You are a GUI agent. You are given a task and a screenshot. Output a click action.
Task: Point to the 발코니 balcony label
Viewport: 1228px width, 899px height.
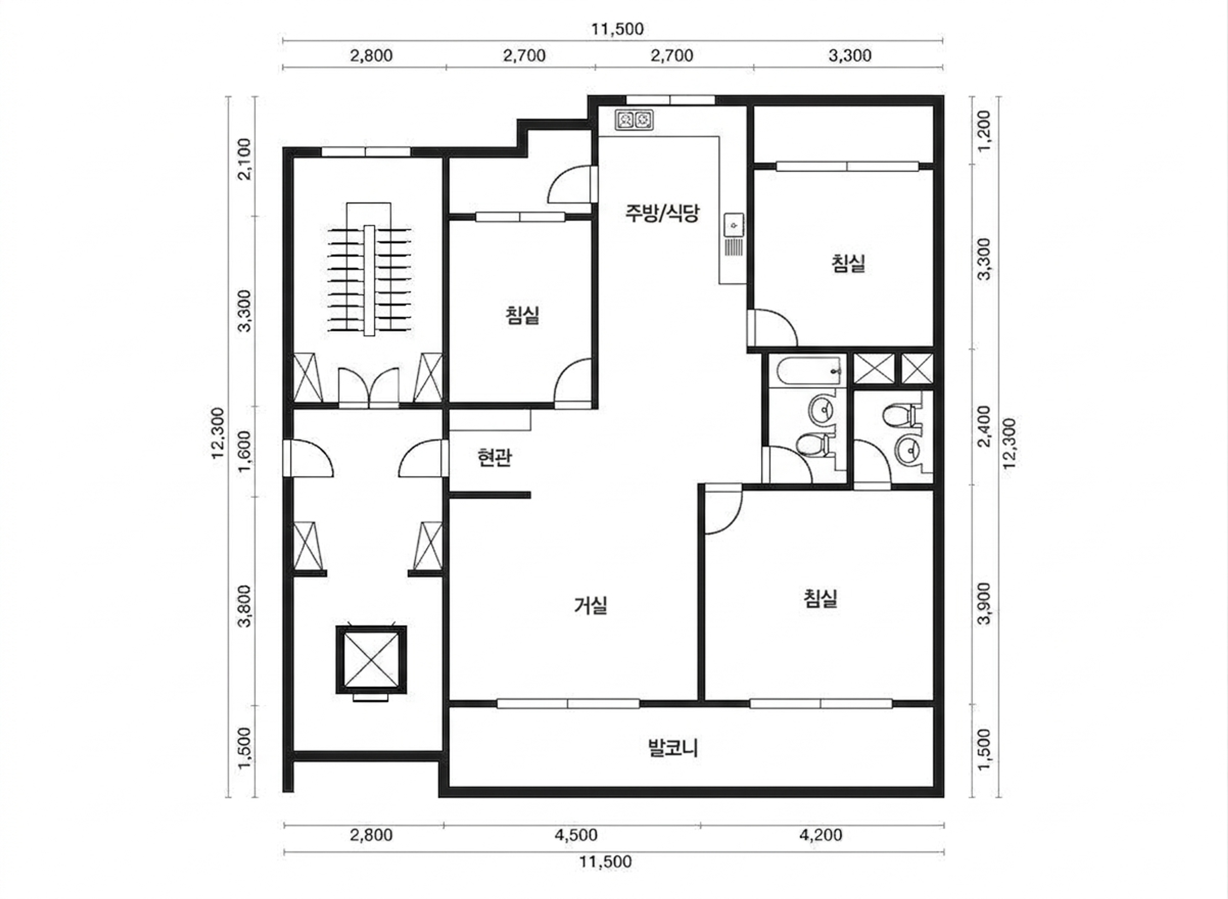click(673, 748)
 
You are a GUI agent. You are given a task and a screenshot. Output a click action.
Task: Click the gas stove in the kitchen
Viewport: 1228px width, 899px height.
click(634, 119)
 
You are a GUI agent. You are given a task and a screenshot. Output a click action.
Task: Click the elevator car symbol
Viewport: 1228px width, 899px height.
click(371, 659)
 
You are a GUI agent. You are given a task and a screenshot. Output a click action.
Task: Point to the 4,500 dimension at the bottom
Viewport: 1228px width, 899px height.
click(576, 835)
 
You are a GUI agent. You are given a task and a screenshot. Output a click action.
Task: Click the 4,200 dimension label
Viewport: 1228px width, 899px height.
click(821, 835)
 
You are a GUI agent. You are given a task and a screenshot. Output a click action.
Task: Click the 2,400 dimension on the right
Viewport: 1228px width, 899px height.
click(984, 426)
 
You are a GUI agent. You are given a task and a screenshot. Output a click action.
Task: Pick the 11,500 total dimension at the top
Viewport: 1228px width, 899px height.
click(618, 29)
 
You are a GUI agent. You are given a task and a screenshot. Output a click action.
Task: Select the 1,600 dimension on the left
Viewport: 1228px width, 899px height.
click(245, 451)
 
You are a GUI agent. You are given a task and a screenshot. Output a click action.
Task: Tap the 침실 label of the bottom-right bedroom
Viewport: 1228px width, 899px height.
click(821, 599)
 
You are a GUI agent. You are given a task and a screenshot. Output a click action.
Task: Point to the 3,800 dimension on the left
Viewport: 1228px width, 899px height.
click(245, 606)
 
